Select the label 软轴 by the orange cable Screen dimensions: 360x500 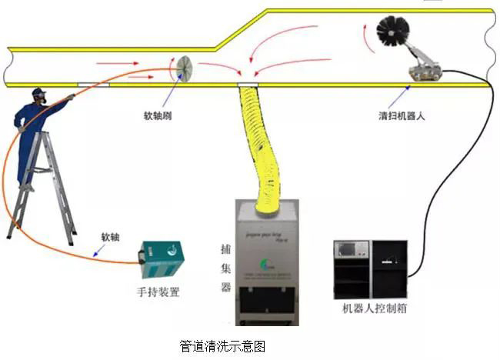[110, 236]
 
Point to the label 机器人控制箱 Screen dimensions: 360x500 [375, 309]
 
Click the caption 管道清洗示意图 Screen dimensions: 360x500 [222, 346]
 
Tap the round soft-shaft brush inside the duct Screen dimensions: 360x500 [185, 68]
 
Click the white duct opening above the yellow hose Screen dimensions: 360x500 [248, 83]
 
